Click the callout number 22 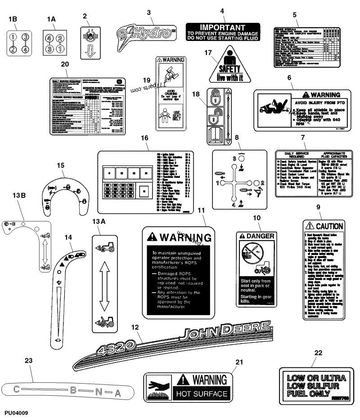(318, 353)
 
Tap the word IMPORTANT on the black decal (222, 27)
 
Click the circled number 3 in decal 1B (26, 37)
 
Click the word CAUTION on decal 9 (330, 226)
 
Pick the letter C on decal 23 (15, 389)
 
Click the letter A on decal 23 (118, 393)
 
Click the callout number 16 (144, 138)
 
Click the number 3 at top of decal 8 (234, 159)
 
